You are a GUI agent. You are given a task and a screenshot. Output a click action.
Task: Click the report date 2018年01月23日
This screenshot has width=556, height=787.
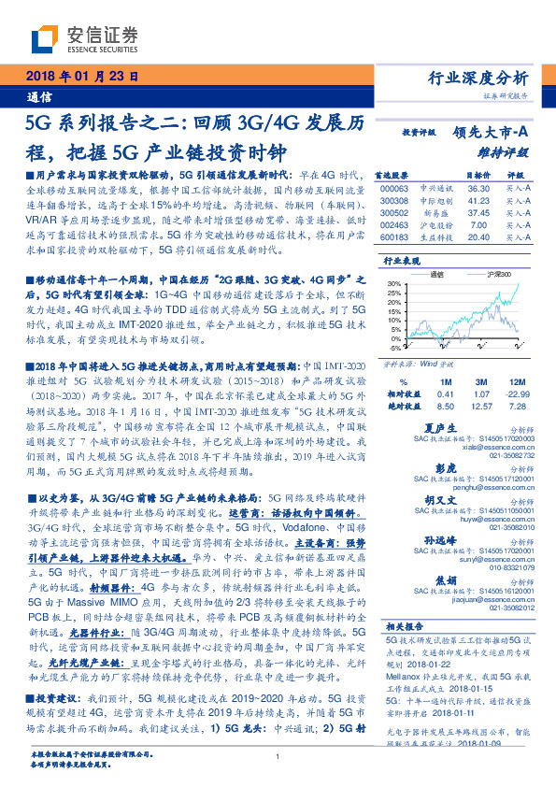pos(79,77)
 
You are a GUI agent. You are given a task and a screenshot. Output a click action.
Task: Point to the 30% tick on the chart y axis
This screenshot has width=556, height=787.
pos(393,282)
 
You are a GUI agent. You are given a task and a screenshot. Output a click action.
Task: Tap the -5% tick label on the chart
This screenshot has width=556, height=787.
pos(393,346)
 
